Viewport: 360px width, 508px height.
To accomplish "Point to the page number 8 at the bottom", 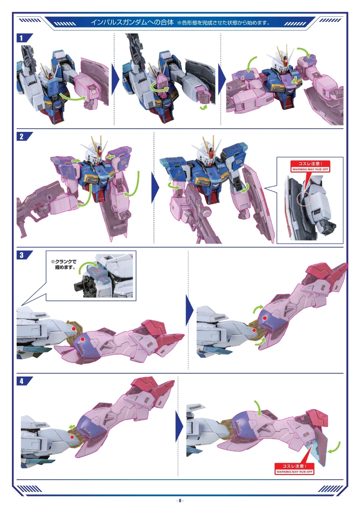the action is point(180,500).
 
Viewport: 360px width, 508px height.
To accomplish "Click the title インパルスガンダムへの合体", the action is point(132,22).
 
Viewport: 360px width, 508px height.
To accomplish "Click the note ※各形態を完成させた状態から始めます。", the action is point(224,23).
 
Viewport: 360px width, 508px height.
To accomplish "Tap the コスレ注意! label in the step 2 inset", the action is point(310,163).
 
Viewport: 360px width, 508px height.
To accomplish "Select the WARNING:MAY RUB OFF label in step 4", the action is point(294,472).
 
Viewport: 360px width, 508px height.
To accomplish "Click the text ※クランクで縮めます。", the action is point(64,265).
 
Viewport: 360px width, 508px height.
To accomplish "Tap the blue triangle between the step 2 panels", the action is point(155,187).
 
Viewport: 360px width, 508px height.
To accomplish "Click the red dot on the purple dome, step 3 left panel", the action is point(83,339).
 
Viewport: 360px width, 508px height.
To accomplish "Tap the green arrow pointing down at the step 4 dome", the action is point(258,408).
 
